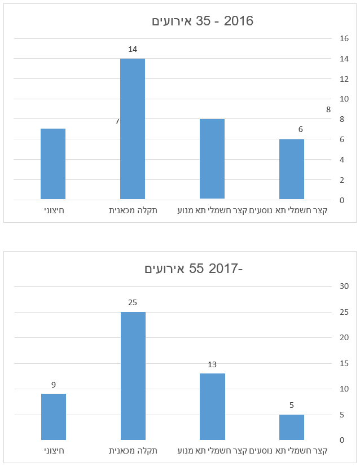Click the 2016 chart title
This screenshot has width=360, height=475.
(x=203, y=21)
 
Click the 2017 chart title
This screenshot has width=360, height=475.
(x=194, y=269)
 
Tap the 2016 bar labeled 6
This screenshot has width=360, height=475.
(x=292, y=169)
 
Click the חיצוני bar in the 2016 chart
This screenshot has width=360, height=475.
(x=53, y=164)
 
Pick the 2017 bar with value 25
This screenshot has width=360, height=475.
(x=133, y=376)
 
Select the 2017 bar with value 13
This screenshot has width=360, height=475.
(x=212, y=407)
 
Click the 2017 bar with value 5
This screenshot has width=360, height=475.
(x=292, y=427)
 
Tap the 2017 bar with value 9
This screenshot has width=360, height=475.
(x=54, y=417)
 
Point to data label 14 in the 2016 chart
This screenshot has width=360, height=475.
(x=133, y=49)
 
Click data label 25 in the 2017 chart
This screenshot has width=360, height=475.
(x=133, y=302)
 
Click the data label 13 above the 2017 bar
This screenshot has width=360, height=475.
(x=212, y=364)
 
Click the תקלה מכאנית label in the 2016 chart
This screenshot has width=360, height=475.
(x=133, y=210)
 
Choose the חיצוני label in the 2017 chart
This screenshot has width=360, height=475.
(x=54, y=451)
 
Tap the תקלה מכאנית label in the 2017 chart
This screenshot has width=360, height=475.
(x=133, y=451)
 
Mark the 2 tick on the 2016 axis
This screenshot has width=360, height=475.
(x=342, y=180)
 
